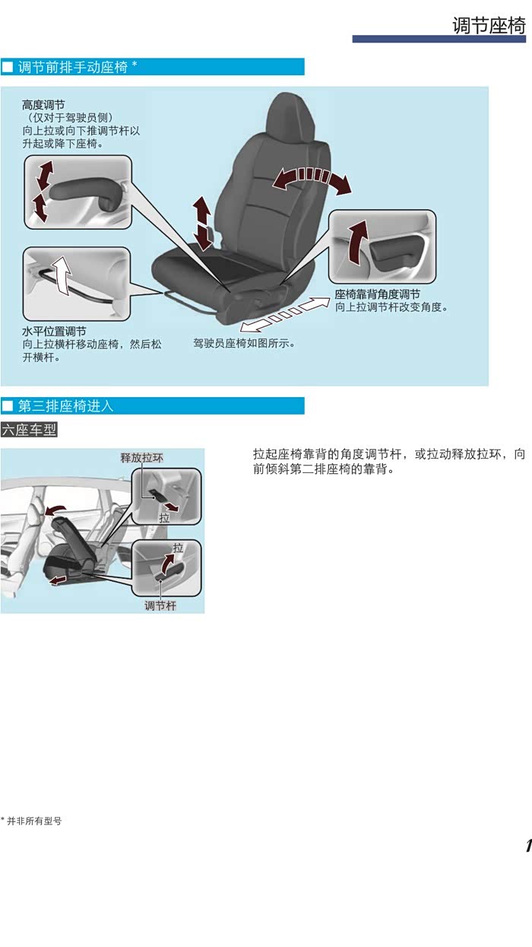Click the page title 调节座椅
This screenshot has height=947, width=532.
pyautogui.click(x=489, y=25)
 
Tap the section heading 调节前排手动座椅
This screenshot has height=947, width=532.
pyautogui.click(x=73, y=67)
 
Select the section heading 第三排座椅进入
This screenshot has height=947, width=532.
pyautogui.click(x=65, y=406)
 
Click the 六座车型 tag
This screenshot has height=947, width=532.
pyautogui.click(x=29, y=430)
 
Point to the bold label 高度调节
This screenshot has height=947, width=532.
pyautogui.click(x=43, y=105)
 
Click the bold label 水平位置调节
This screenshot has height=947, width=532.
pyautogui.click(x=54, y=331)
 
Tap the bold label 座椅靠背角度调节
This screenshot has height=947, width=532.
pyautogui.click(x=378, y=294)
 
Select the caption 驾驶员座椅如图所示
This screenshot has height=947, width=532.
pyautogui.click(x=244, y=343)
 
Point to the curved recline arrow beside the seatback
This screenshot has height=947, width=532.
pyautogui.click(x=312, y=176)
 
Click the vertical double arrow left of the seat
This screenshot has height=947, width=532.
pyautogui.click(x=203, y=223)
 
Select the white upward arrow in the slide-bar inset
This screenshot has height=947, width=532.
pyautogui.click(x=62, y=275)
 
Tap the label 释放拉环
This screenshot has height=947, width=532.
pyautogui.click(x=141, y=458)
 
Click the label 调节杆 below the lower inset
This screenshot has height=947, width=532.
pyautogui.click(x=160, y=605)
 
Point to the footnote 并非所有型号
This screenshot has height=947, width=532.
pyautogui.click(x=34, y=821)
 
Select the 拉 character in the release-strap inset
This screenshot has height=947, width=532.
pyautogui.click(x=164, y=518)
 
